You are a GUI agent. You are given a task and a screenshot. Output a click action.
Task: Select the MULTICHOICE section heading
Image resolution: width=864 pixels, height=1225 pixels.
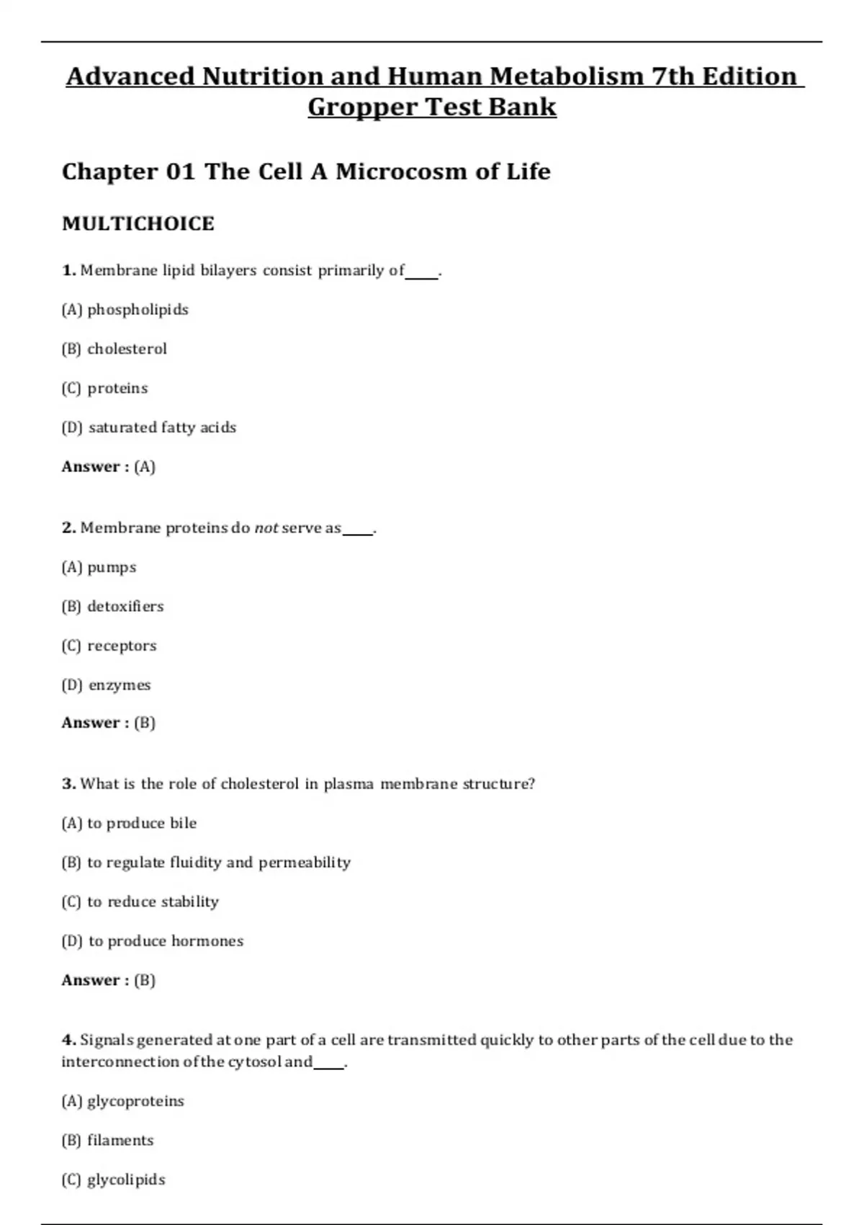[x=138, y=223]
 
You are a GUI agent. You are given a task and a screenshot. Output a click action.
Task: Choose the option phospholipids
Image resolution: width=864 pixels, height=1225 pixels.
[x=138, y=310]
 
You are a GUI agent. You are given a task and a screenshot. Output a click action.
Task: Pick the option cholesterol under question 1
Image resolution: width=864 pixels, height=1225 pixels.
[x=127, y=349]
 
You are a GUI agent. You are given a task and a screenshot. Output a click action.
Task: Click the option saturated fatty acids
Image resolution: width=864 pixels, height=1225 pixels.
[x=162, y=427]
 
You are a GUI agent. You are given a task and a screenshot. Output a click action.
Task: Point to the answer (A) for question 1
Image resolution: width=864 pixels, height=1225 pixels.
[x=145, y=467]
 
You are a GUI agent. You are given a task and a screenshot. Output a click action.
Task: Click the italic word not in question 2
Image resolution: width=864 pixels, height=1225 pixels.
[x=266, y=528]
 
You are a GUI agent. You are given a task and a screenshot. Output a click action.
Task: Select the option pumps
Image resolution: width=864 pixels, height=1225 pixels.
[x=112, y=568]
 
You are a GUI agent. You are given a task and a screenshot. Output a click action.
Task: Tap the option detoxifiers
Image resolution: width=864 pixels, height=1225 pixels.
[x=125, y=607]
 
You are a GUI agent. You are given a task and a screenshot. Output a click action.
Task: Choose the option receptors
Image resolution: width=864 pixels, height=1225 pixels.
[x=122, y=646]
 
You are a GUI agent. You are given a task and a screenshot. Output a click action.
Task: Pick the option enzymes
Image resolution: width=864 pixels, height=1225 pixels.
[x=120, y=685]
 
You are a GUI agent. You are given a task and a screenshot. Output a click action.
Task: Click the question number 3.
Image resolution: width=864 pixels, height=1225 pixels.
[x=68, y=784]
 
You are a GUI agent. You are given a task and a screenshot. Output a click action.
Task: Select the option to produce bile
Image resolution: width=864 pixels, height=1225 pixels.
[x=142, y=824]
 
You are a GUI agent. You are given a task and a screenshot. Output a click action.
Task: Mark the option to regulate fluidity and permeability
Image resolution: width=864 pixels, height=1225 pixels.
[x=219, y=863]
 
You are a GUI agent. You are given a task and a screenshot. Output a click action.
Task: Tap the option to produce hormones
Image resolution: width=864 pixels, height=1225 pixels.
[x=166, y=941]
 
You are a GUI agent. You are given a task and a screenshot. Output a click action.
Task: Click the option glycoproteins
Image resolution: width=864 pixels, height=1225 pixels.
[x=135, y=1101]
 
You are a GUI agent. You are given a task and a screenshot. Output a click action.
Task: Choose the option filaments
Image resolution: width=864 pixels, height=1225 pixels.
[x=120, y=1141]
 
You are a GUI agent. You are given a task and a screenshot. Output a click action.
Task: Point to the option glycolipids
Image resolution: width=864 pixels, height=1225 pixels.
[x=126, y=1180]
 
